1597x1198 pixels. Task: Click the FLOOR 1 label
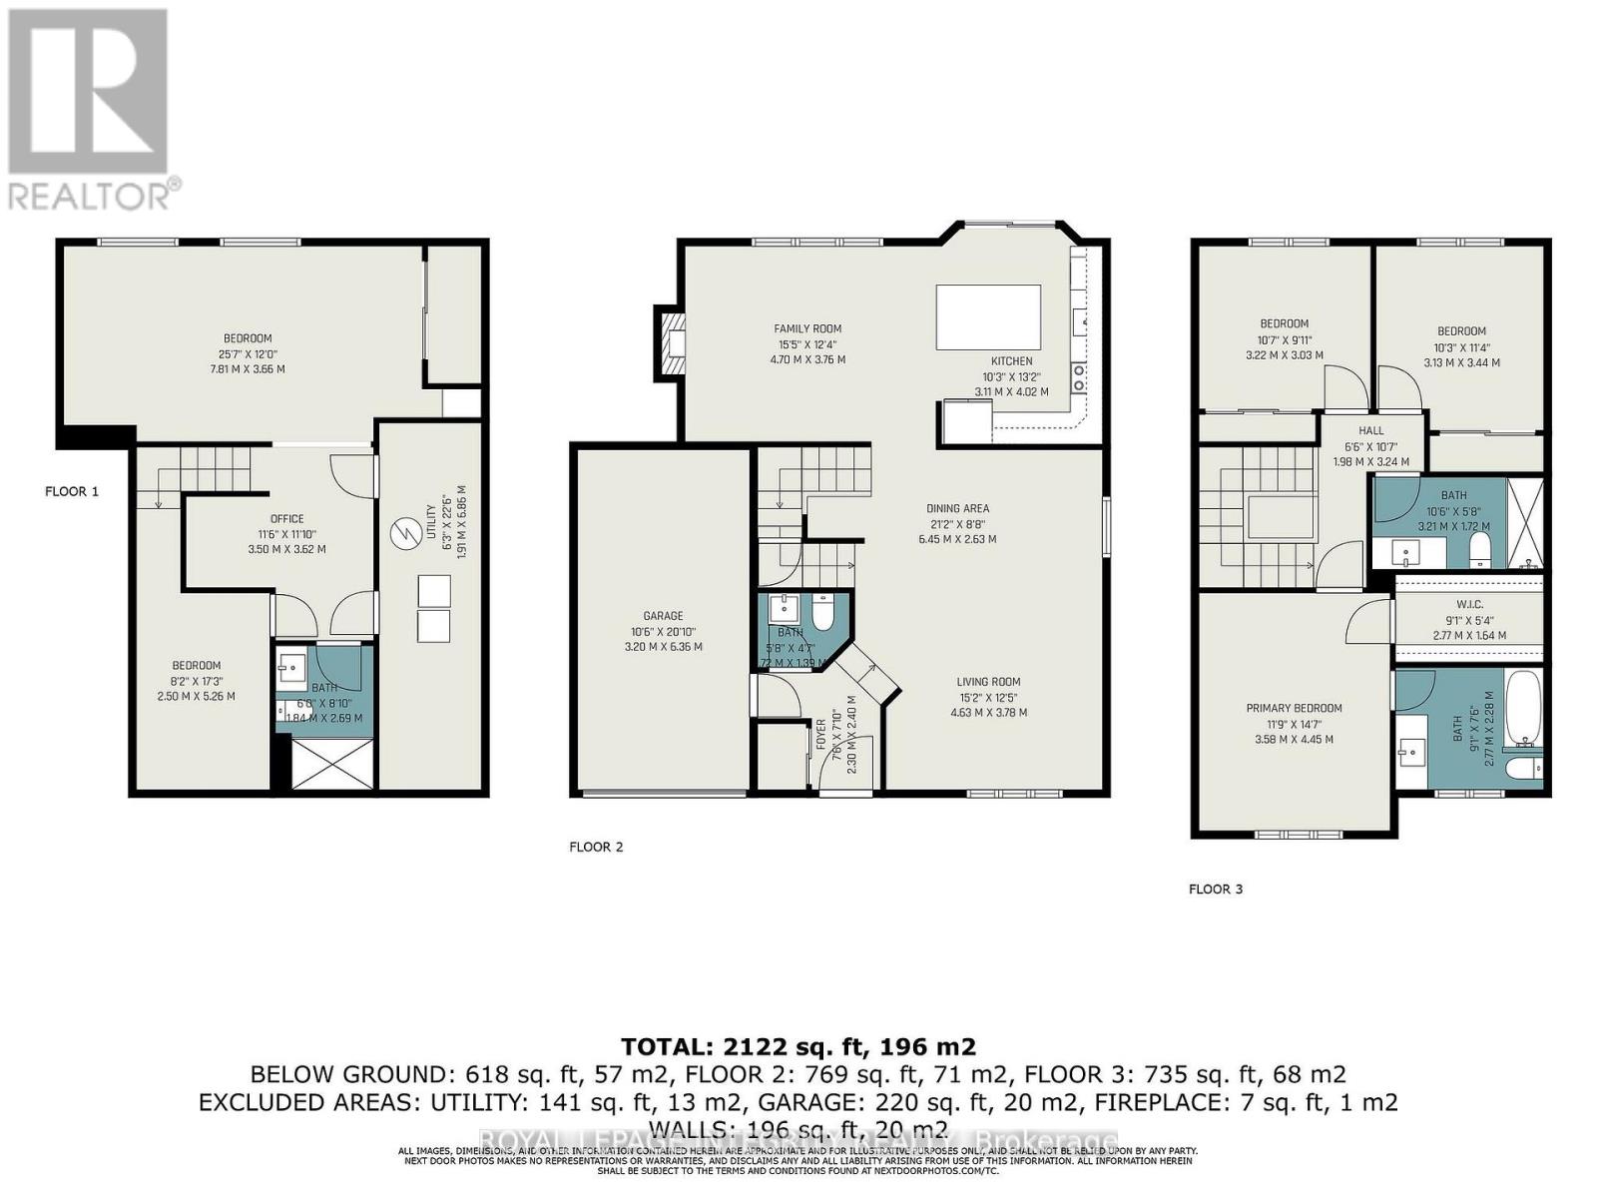[x=72, y=491]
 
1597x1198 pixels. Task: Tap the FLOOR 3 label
[x=1215, y=889]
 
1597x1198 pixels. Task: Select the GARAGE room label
[x=663, y=616]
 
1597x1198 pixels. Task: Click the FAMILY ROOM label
[x=807, y=328]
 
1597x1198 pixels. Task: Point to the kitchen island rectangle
[x=987, y=316]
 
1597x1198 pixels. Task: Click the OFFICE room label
[x=286, y=519]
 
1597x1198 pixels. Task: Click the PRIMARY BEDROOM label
[x=1294, y=708]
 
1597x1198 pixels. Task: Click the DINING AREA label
[x=957, y=508]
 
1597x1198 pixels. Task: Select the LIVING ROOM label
[x=988, y=683]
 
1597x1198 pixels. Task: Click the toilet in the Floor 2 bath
[x=823, y=611]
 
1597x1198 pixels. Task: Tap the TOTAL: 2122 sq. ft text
[x=798, y=1046]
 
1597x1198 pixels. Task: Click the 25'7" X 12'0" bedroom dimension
[x=247, y=353]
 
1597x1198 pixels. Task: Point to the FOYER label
[x=821, y=734]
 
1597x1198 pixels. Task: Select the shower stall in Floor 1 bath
[x=325, y=766]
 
